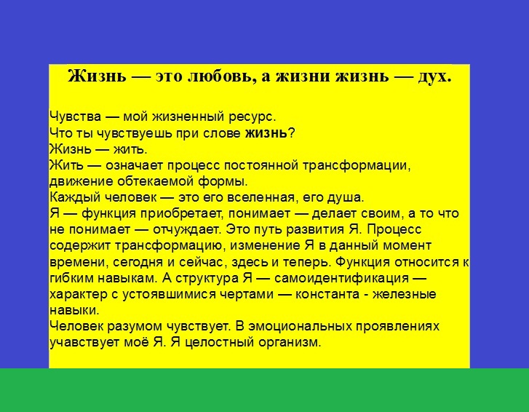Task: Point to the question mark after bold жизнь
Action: [292, 133]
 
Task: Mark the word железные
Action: [405, 295]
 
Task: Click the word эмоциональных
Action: [301, 327]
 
